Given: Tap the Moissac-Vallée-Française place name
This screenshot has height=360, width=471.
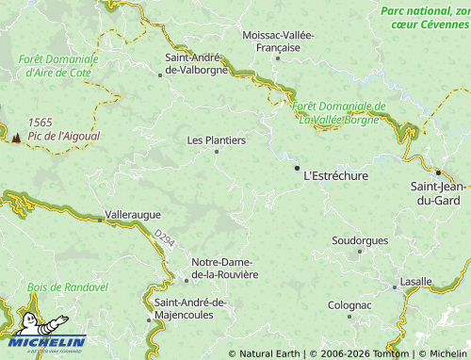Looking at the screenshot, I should coord(278,41).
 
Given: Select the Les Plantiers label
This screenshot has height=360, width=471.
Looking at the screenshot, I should coord(216,140).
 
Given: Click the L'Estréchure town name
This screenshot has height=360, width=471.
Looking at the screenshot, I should coord(335,175).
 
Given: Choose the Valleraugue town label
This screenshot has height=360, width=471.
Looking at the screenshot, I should coord(132,215).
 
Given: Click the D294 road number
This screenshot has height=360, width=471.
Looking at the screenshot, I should coord(164,243).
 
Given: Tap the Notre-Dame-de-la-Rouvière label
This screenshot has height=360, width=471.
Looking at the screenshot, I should coord(224,268).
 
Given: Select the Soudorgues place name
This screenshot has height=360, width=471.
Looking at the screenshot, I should coord(360,240).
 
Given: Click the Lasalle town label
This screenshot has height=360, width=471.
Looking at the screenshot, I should coord(415,281).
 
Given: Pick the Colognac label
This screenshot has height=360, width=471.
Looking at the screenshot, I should coord(350,305).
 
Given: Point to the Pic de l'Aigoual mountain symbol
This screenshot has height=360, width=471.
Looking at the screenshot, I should coord(16,137).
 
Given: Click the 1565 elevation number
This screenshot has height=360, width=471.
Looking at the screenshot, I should coord(40,123).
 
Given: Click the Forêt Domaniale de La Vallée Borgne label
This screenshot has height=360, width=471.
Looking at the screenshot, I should coord(340,112).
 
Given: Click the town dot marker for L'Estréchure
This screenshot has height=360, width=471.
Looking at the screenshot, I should coord(298,169).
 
